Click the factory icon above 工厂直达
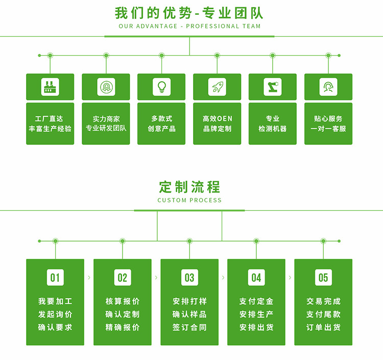(x=50, y=87)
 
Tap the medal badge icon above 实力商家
(x=106, y=87)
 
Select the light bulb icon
(x=161, y=87)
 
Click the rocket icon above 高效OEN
(x=217, y=87)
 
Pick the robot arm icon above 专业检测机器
(x=273, y=87)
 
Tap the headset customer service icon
(x=328, y=87)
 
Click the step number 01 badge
(x=55, y=277)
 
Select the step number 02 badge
(x=123, y=277)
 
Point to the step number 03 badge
(x=189, y=277)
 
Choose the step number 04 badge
(x=256, y=277)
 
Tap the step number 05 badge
(x=323, y=277)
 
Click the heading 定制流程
(x=189, y=187)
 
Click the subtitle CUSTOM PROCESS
(x=189, y=200)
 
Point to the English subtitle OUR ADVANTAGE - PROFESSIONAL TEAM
(x=189, y=26)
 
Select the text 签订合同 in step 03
(x=189, y=327)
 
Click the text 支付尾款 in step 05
(x=323, y=315)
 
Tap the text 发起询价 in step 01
(x=55, y=315)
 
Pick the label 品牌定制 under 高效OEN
(x=217, y=129)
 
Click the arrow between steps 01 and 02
(x=89, y=277)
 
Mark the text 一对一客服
(x=328, y=129)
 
